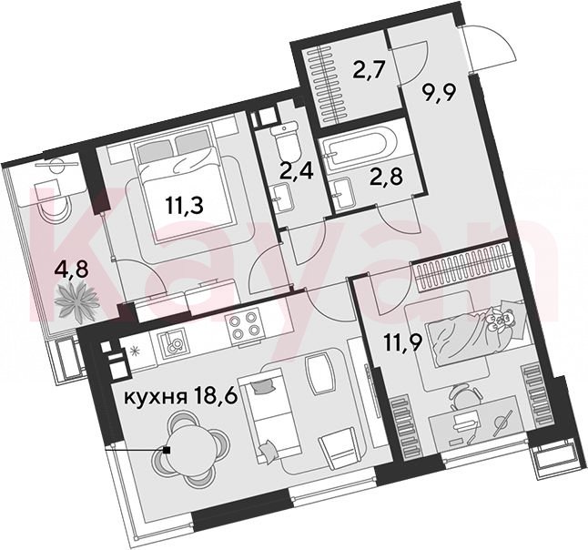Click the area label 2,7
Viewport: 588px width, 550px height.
(369, 70)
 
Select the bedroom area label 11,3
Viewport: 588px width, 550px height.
(185, 206)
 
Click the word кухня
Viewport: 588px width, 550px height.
(156, 396)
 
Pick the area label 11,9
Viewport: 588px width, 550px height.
(403, 342)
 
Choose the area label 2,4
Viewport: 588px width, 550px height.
(297, 173)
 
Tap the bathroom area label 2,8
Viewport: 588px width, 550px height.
(386, 177)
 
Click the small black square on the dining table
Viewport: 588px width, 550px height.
(167, 450)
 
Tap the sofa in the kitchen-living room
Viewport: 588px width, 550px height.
(269, 415)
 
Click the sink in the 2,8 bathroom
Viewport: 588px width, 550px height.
(340, 194)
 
